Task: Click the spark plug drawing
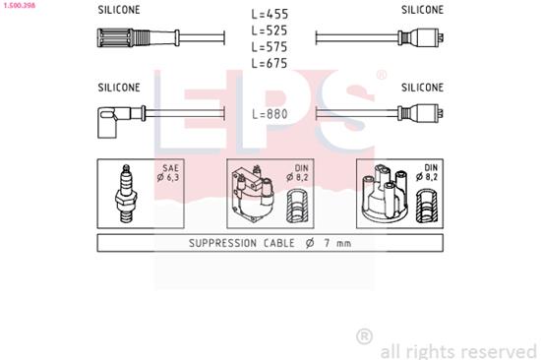[x=127, y=193]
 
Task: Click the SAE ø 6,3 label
[x=169, y=173]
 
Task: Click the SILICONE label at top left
[x=119, y=9]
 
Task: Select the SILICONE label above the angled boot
[x=119, y=87]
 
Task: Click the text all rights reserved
[x=458, y=349]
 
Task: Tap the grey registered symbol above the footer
[x=364, y=336]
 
